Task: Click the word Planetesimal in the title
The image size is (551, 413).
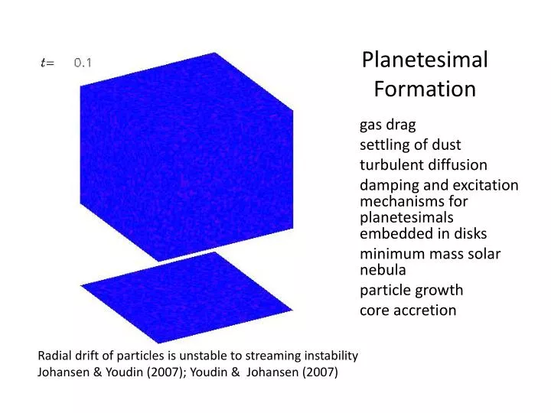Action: point(425,60)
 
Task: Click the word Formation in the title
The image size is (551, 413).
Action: point(425,89)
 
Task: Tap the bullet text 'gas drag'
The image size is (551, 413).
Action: point(387,125)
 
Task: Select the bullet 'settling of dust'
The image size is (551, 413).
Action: point(410,145)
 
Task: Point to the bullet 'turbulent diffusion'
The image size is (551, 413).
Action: point(423,164)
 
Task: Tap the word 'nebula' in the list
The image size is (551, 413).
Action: point(383,269)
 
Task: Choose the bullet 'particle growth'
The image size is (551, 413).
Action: point(411,290)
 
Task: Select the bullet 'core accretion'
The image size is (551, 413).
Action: point(408,310)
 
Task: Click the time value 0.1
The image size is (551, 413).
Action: point(83,63)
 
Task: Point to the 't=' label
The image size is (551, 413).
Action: point(47,63)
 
